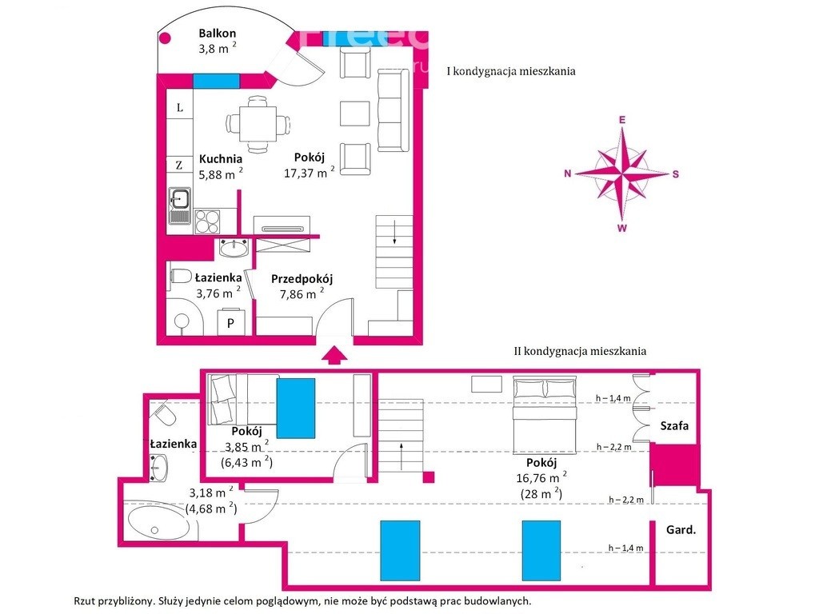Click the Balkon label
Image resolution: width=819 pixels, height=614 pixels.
tap(218, 34)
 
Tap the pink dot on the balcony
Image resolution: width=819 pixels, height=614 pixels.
tap(165, 38)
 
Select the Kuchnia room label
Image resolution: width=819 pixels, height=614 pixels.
tap(221, 159)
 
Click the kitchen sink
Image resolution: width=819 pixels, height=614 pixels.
tap(180, 205)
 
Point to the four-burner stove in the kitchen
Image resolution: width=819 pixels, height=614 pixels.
tap(207, 221)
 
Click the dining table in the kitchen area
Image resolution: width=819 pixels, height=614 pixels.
tap(258, 124)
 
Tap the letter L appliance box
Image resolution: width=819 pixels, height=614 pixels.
tap(180, 108)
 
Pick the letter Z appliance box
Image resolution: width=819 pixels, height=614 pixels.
tap(179, 165)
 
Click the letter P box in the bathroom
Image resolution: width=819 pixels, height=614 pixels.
tap(230, 323)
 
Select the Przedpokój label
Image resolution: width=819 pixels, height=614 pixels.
tap(302, 279)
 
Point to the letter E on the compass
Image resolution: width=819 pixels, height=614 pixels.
tap(622, 120)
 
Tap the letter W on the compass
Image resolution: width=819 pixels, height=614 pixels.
tap(622, 228)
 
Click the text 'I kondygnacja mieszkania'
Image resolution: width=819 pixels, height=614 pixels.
tap(511, 71)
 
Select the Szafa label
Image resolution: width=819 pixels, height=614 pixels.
tap(674, 425)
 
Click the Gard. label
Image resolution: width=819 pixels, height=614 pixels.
tap(681, 530)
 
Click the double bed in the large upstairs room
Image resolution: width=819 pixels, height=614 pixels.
tap(544, 415)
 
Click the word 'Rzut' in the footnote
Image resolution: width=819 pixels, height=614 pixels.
tap(84, 601)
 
